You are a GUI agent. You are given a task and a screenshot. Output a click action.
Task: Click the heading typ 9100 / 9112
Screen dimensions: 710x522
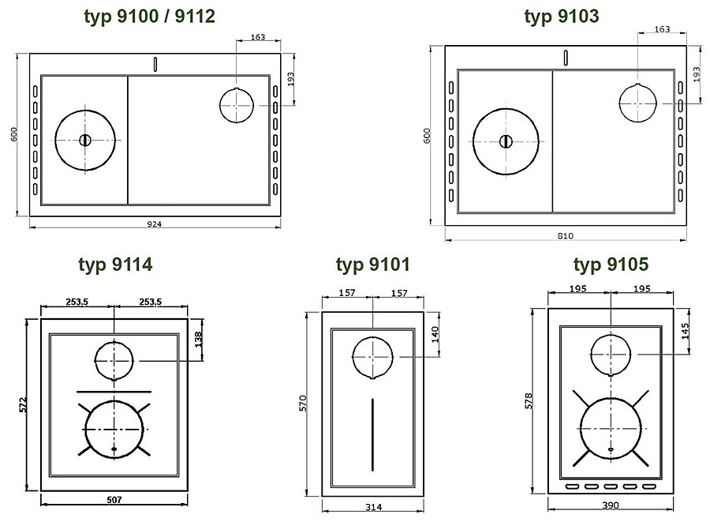149,17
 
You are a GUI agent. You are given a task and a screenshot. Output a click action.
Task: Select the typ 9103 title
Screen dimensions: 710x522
562,17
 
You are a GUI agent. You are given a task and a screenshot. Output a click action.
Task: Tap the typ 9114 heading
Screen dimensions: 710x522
115,265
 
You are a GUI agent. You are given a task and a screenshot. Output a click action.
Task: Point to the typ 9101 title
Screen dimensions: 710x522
372,265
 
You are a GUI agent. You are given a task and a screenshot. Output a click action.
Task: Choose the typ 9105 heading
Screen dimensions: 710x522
611,265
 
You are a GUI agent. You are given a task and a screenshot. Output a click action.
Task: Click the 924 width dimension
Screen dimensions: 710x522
155,223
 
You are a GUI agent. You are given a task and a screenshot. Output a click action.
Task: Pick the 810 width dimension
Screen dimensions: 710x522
566,235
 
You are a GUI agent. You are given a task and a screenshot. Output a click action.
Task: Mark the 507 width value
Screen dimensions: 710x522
114,500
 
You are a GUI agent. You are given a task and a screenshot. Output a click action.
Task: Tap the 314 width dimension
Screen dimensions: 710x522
374,507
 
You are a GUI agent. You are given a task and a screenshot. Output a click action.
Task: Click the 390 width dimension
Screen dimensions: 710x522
611,505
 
